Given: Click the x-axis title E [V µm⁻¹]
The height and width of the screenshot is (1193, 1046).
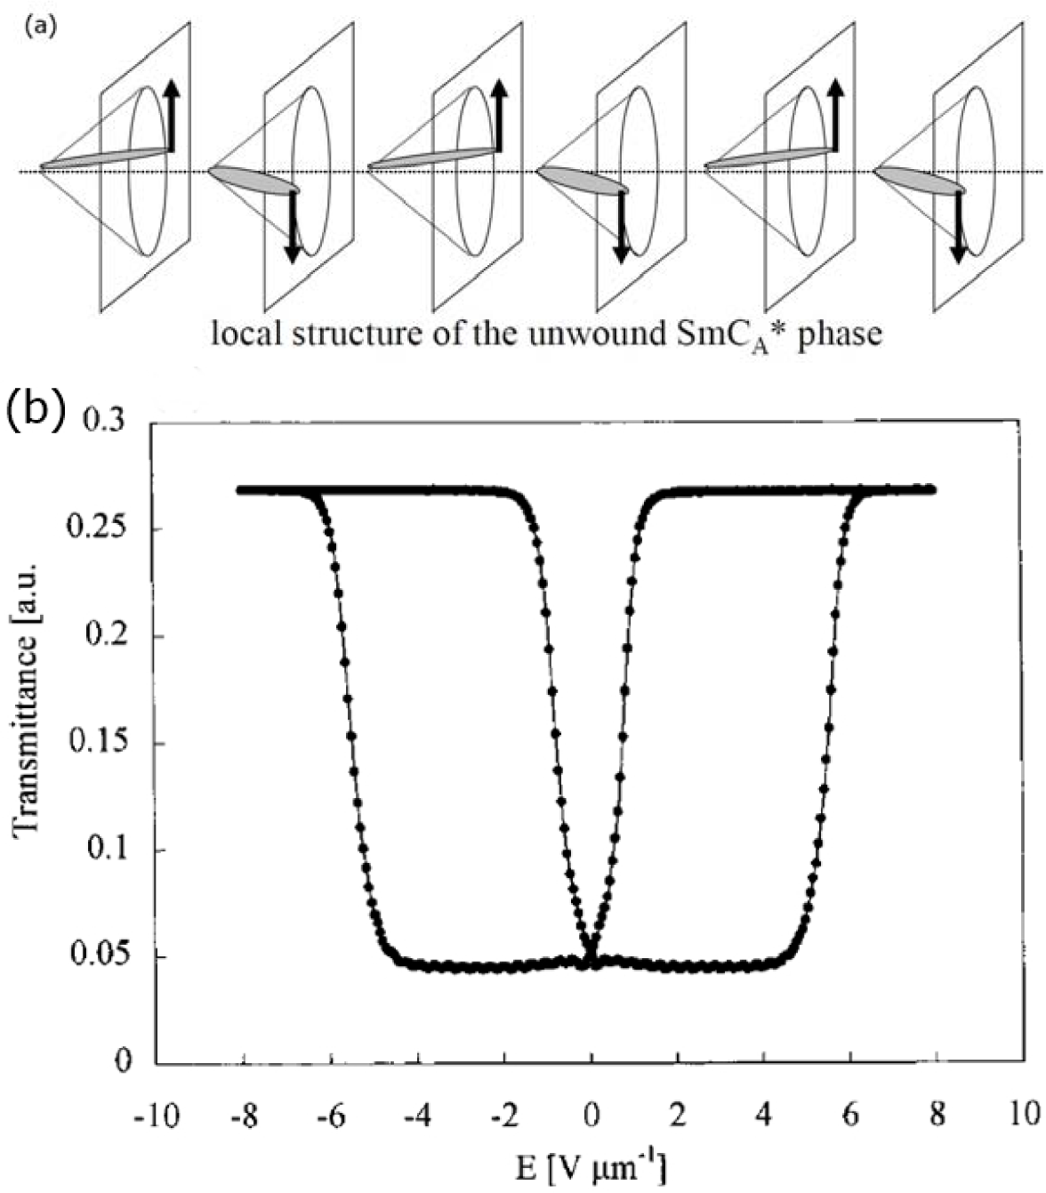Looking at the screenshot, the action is coord(591,1166).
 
